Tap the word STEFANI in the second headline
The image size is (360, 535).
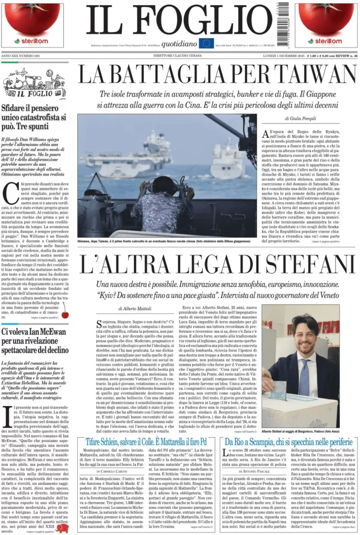tap(296, 264)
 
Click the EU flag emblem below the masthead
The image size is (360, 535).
tap(206, 43)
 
